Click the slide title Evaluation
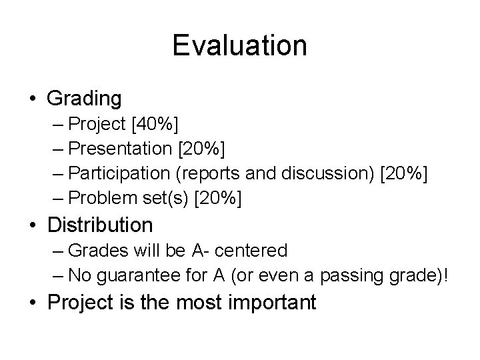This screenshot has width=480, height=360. pyautogui.click(x=239, y=46)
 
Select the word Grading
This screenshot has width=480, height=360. pyautogui.click(x=85, y=99)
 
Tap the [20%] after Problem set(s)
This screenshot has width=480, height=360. pyautogui.click(x=218, y=198)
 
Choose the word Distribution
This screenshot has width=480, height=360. pyautogui.click(x=101, y=225)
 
